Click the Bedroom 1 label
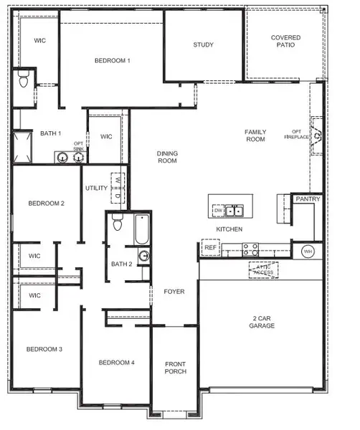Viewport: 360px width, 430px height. pos(113,61)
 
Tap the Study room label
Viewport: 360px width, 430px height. pos(203,45)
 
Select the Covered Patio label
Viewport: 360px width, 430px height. pos(285,42)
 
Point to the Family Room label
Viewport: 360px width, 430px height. pos(255,135)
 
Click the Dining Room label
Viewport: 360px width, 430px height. pos(167,157)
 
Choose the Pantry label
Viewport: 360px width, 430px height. pos(308,199)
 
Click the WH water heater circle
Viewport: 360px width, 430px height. pos(308,252)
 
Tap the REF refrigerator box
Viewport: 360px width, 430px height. pos(210,248)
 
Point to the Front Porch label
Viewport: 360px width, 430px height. pos(176,368)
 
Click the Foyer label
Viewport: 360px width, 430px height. pos(174,292)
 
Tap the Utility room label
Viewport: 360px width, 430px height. pos(96,188)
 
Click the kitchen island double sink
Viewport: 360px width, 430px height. pos(233,211)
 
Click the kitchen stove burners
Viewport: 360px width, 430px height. pos(250,249)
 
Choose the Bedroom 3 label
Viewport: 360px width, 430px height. pos(44,349)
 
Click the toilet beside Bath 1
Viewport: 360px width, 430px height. pos(24,80)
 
